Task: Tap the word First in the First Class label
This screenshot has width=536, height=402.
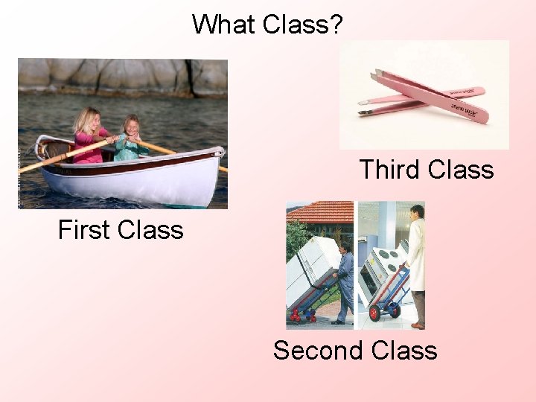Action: pos(88,229)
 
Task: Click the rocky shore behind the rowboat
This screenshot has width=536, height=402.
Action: pos(119,74)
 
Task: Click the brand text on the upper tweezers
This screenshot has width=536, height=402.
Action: pos(463,109)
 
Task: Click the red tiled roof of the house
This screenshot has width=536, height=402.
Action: pos(320,212)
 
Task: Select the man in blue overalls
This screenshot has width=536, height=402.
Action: pos(345,283)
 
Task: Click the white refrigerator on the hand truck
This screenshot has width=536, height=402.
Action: pos(313,272)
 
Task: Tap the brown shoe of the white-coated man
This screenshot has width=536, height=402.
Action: pos(418,325)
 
